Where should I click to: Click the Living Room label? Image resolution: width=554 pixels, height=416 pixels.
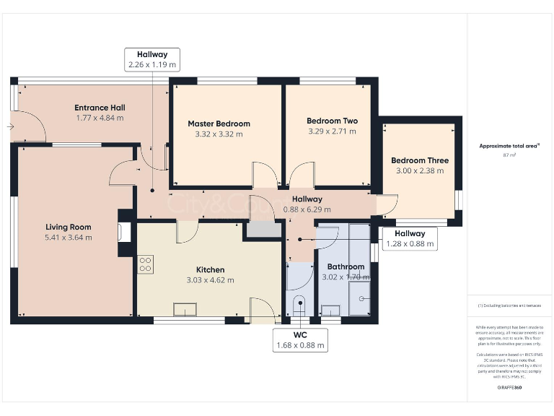[x=69, y=226]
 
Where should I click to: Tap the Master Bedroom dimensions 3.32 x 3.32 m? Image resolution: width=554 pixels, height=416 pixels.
[x=219, y=134]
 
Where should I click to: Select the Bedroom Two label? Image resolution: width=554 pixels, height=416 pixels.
[x=332, y=121]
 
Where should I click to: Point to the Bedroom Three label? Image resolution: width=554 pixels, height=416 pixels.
[x=420, y=160]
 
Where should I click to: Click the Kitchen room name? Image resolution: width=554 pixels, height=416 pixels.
[x=210, y=269]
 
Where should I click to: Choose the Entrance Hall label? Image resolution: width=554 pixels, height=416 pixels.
[x=100, y=108]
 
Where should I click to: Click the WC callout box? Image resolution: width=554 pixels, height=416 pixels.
[x=301, y=340]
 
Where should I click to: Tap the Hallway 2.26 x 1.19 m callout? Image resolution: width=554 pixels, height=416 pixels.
[x=151, y=59]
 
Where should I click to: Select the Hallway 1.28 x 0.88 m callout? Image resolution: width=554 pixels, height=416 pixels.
[x=409, y=239]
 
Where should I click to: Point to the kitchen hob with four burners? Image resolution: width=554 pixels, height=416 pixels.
[x=145, y=264]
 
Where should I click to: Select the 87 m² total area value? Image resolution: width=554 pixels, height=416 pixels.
[x=510, y=155]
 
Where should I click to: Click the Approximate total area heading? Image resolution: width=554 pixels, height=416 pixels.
[x=509, y=146]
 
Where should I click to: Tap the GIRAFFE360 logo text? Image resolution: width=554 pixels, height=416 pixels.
[x=509, y=389]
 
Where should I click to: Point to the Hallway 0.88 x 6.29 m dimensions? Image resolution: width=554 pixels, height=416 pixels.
[x=307, y=209]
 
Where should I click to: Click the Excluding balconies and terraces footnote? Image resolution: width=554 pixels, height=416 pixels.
[x=509, y=305]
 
